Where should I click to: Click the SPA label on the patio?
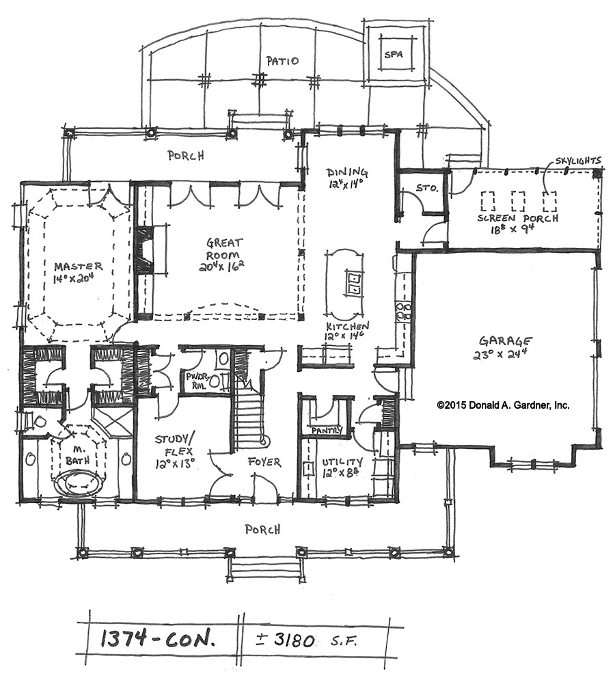coord(394,55)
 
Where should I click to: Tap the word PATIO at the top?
coord(282,61)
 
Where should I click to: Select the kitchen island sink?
coord(353,282)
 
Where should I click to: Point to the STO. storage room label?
coord(427,189)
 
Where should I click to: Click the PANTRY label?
coord(327,430)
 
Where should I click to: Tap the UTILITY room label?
coord(342,462)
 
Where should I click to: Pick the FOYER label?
coord(264,462)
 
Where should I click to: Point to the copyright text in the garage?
coord(503,405)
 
